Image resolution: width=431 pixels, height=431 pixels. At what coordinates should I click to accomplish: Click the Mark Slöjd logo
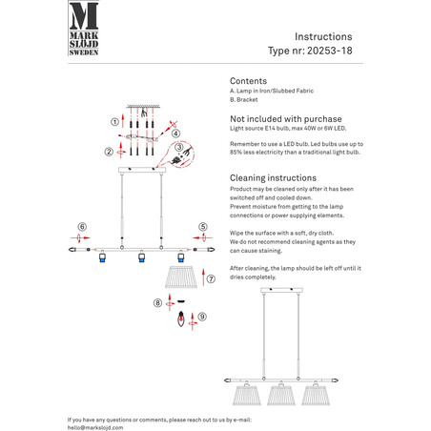84,29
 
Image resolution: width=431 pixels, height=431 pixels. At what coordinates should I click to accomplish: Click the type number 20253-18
330,51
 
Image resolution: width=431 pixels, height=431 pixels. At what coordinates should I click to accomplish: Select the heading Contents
248,81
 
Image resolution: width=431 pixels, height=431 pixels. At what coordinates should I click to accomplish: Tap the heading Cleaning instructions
273,177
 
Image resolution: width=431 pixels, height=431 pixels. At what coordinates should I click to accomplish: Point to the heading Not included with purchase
286,119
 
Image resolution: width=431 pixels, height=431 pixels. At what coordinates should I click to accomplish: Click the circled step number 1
114,122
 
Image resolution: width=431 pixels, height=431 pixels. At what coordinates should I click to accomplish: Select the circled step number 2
109,152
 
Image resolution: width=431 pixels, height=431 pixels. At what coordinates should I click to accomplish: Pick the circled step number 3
179,147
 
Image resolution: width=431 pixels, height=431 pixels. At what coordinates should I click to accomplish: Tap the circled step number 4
175,133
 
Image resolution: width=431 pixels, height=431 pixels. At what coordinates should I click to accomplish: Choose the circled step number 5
203,227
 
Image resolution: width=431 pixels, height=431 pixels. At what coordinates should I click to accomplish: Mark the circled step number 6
82,227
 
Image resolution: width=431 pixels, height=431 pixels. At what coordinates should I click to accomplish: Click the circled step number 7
211,278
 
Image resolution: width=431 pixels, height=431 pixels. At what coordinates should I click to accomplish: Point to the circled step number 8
157,303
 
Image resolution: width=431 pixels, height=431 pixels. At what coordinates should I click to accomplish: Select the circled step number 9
202,317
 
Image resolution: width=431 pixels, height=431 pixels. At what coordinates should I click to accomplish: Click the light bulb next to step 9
181,318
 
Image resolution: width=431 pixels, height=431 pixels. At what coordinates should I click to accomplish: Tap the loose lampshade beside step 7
181,277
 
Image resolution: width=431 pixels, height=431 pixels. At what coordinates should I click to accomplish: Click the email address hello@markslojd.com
95,428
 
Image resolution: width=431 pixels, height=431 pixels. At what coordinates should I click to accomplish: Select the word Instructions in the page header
323,36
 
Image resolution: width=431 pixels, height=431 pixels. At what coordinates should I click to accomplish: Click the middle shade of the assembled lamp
281,394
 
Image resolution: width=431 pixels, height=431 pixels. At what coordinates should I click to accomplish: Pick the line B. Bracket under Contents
244,99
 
